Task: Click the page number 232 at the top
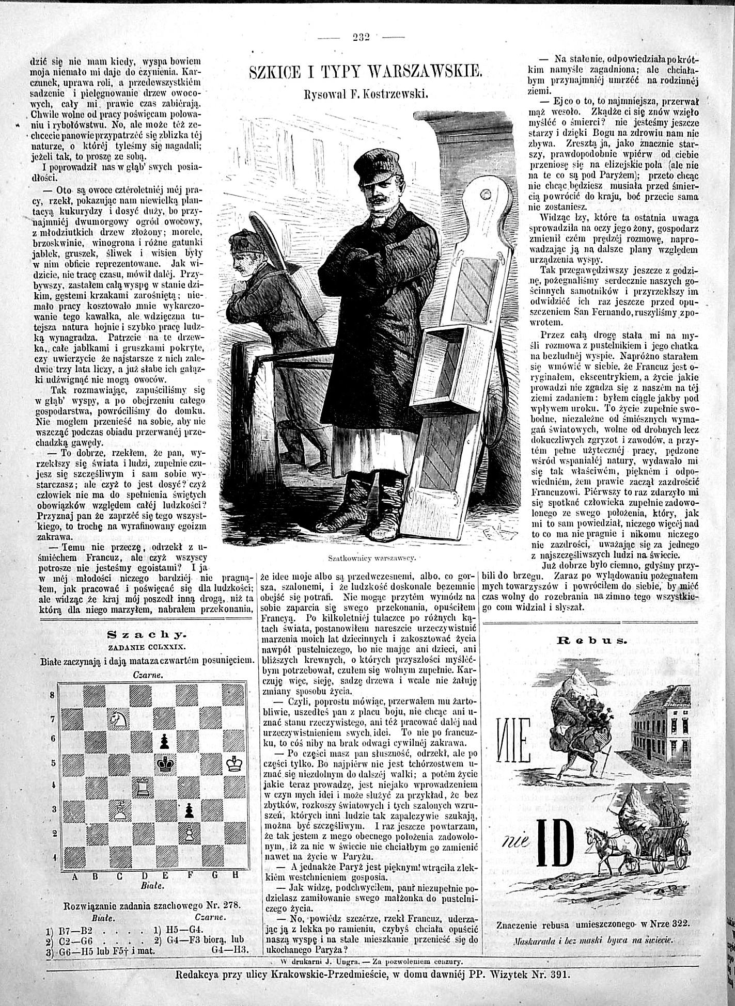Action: [x=364, y=37]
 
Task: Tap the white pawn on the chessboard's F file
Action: [x=190, y=832]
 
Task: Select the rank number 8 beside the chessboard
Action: [x=52, y=695]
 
